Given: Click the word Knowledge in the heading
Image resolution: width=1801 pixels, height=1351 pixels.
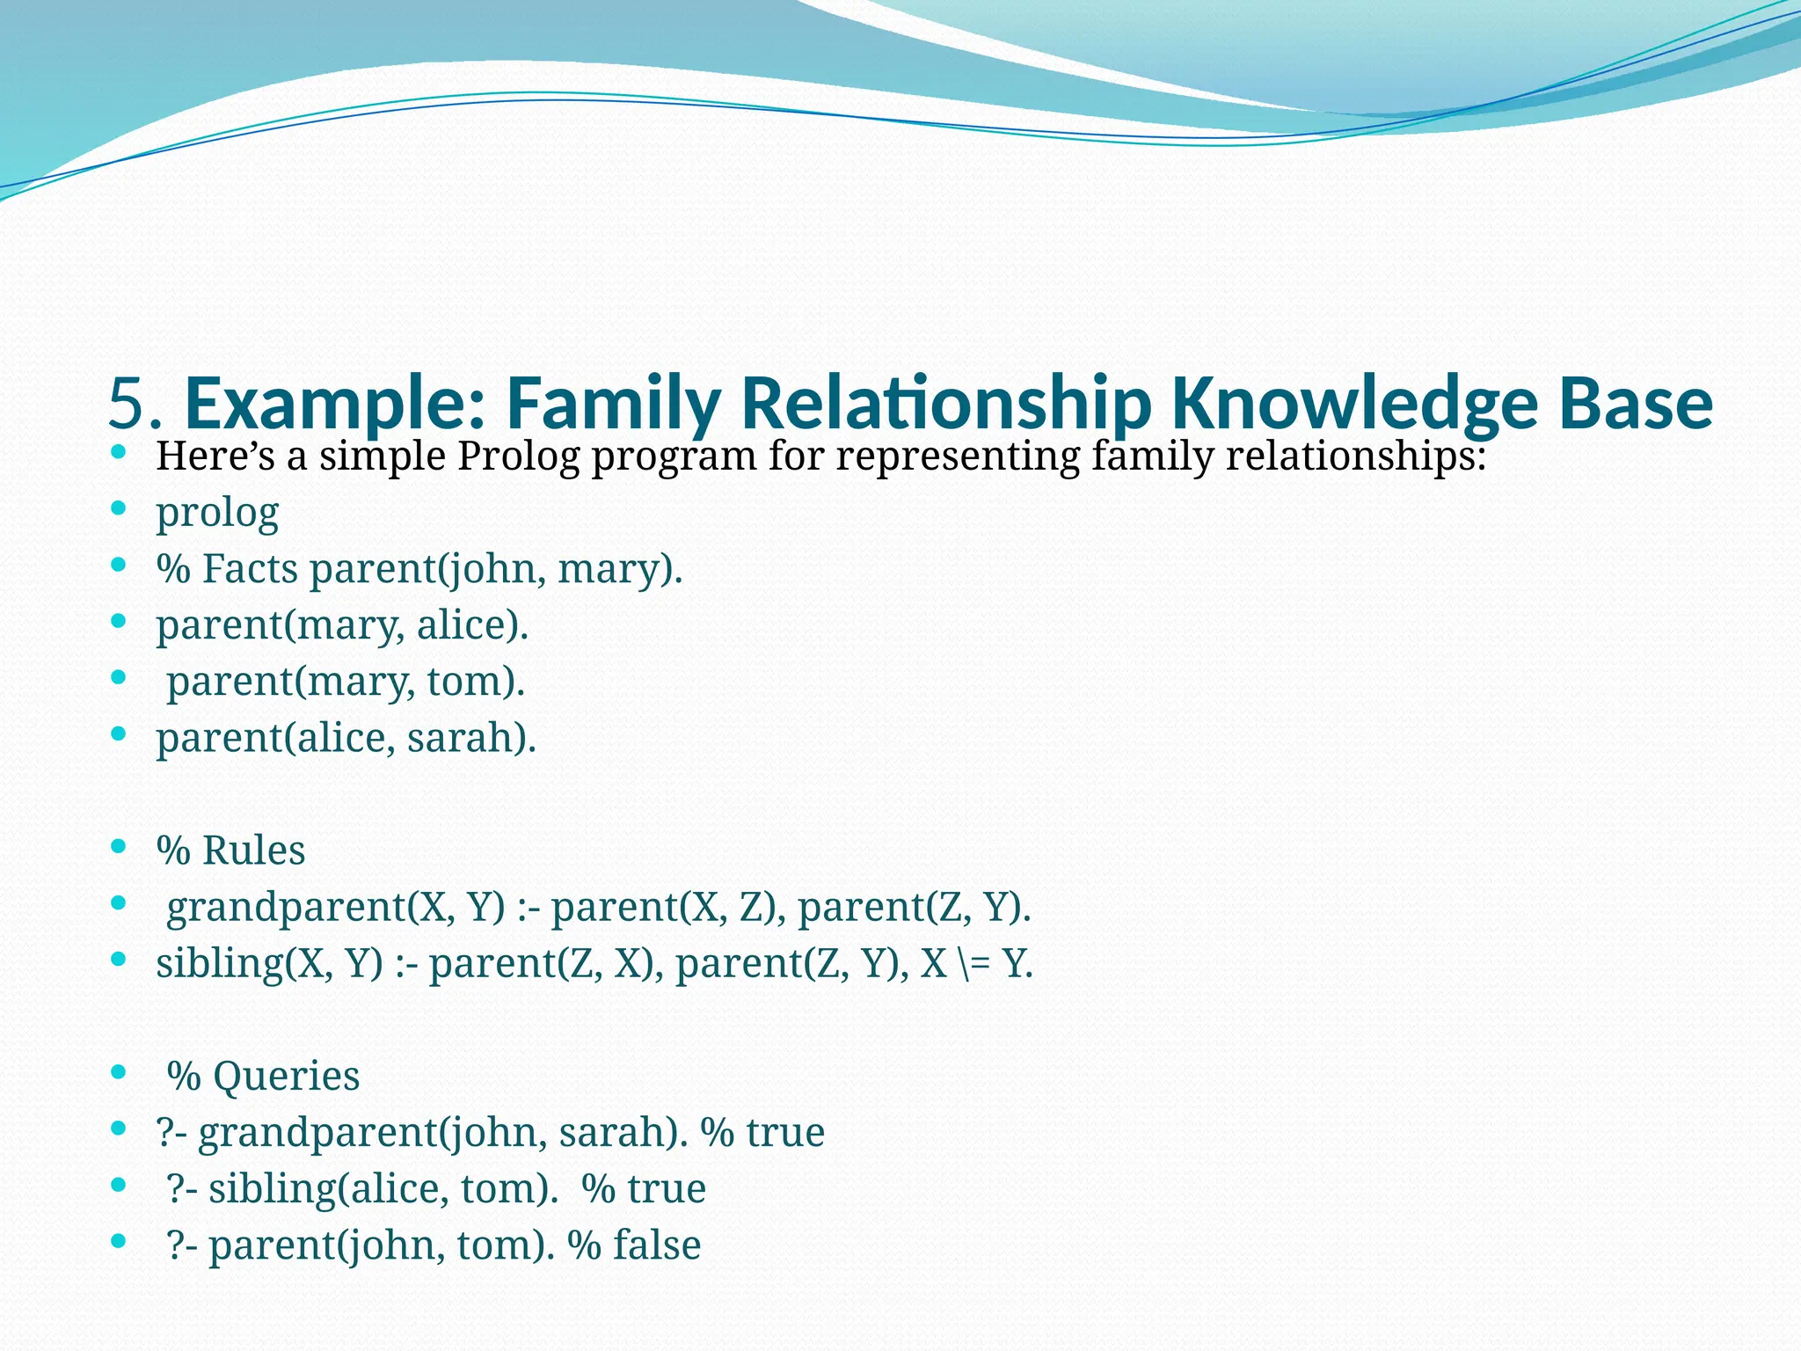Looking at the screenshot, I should [x=1354, y=404].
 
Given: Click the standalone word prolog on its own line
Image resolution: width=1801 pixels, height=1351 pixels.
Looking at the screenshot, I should [x=217, y=512].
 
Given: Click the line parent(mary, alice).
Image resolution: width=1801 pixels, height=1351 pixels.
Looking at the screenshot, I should [x=342, y=624].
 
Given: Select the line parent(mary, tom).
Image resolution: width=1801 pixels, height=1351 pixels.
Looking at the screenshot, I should [x=346, y=681].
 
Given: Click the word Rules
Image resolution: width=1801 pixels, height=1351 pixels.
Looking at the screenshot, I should [x=253, y=850].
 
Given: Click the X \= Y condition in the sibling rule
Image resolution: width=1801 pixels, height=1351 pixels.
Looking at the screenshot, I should [x=976, y=963].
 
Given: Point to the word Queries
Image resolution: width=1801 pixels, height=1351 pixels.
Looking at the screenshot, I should [x=286, y=1076].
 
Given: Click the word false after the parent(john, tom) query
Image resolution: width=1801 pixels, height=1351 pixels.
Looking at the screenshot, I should [x=657, y=1245].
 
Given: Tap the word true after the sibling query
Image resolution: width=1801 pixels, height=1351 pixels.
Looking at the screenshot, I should [x=667, y=1188].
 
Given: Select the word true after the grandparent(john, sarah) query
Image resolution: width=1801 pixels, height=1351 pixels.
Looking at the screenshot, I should [x=785, y=1132].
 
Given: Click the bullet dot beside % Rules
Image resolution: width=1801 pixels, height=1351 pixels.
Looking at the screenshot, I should [x=119, y=847].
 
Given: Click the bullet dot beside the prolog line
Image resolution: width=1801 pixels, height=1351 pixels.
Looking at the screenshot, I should [x=119, y=509].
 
